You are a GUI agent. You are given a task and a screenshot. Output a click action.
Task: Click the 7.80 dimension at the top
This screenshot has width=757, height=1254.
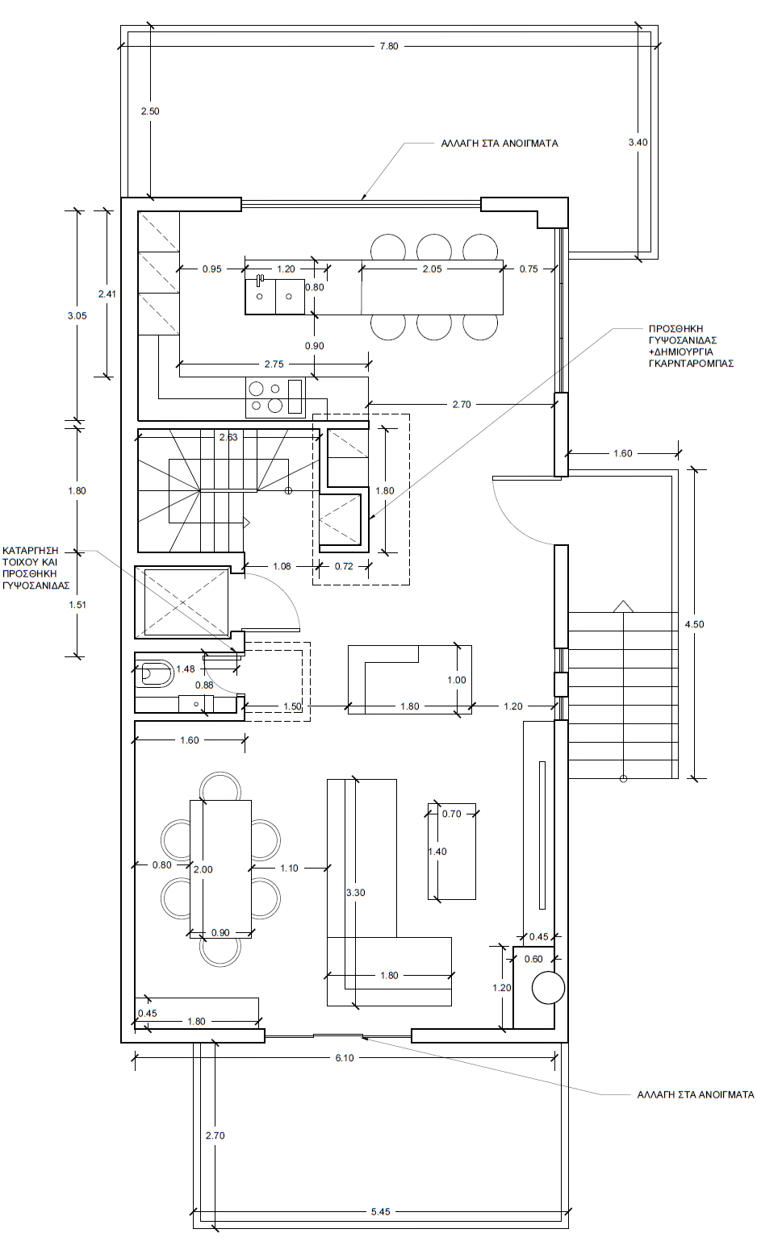[389, 47]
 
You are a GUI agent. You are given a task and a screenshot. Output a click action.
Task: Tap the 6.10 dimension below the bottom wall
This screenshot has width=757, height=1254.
[345, 1058]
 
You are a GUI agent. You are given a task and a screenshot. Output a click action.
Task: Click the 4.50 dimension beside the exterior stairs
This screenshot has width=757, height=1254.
[694, 624]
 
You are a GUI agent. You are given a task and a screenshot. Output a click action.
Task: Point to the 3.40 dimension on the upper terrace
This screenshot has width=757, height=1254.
[638, 142]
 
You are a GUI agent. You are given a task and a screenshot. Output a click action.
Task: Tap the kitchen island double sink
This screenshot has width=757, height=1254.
[275, 296]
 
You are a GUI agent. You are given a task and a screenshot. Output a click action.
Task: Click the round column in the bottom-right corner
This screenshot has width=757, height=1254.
[548, 988]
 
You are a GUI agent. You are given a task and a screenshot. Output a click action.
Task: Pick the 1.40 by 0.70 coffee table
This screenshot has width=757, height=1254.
[452, 852]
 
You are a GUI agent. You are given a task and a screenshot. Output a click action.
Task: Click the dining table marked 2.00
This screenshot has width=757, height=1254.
[220, 869]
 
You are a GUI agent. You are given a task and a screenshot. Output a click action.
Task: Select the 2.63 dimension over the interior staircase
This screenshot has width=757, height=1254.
[228, 437]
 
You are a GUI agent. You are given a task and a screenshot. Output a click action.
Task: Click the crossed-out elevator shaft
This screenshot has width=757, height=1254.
[182, 602]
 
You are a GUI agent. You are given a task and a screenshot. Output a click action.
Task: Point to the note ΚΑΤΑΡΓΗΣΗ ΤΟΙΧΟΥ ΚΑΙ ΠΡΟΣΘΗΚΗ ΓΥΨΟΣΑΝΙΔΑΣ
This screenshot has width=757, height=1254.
[36, 568]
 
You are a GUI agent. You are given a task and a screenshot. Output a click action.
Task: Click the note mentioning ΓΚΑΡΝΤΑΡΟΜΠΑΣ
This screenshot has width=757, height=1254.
[691, 346]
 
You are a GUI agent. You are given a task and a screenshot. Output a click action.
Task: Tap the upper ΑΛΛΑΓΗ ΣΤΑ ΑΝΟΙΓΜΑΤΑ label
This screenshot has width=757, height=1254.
[500, 144]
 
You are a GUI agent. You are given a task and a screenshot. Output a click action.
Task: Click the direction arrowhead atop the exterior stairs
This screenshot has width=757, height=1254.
[623, 606]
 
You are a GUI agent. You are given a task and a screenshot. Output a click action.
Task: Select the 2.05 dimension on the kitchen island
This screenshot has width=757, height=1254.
[432, 269]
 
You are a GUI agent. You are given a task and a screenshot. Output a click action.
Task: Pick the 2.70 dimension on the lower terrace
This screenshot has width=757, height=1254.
[215, 1135]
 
